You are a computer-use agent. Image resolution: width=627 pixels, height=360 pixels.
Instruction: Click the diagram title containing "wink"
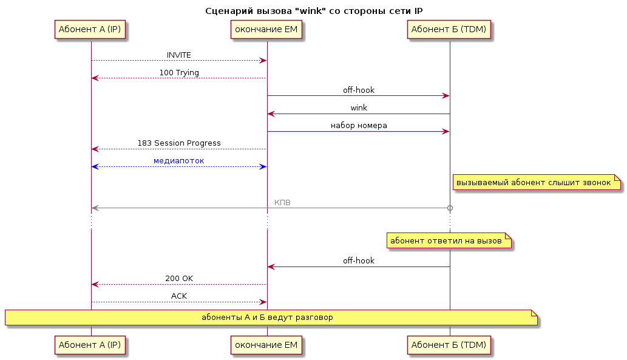pos(313,11)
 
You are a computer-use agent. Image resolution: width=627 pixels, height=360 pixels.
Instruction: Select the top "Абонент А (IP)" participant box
pos(90,30)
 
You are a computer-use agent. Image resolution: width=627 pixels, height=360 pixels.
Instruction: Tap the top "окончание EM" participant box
pos(266,30)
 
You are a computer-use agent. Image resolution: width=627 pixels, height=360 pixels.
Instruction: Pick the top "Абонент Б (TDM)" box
pos(449,30)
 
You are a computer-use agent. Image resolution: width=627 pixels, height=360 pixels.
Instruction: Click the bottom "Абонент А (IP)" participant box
pos(90,345)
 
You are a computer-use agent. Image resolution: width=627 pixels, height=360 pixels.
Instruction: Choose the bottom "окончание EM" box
pos(266,345)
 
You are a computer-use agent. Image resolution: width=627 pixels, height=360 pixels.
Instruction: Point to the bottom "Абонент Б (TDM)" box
pos(449,345)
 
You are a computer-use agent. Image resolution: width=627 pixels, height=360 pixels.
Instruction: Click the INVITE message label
pos(178,55)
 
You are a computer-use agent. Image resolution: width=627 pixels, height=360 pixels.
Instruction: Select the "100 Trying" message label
pos(178,72)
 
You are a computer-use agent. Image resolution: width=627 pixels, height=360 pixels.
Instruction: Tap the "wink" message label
pos(359,107)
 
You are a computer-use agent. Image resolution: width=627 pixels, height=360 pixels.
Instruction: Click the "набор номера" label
pos(359,125)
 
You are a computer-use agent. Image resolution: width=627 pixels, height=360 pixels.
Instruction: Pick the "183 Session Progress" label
pos(178,143)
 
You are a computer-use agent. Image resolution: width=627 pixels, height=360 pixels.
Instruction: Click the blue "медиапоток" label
pos(178,161)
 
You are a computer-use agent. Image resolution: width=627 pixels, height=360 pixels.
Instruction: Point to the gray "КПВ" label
pos(282,202)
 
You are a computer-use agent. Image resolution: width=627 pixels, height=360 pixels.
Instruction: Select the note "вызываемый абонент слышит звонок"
pos(537,182)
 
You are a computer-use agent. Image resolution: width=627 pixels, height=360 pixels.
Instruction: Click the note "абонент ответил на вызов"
pos(449,240)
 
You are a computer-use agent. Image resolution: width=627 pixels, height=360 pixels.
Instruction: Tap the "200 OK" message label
pos(178,279)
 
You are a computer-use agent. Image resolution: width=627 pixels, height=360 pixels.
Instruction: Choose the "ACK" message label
pos(178,296)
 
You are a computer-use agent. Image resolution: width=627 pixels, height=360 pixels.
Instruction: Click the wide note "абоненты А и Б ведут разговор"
pos(271,317)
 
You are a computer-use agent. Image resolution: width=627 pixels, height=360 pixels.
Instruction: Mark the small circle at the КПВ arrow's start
pos(450,208)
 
